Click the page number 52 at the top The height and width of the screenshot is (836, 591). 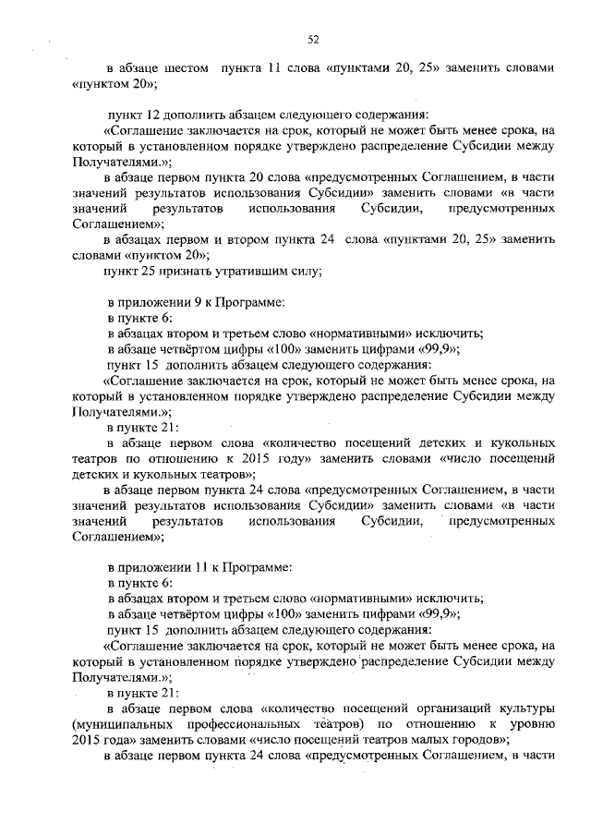[313, 38]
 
